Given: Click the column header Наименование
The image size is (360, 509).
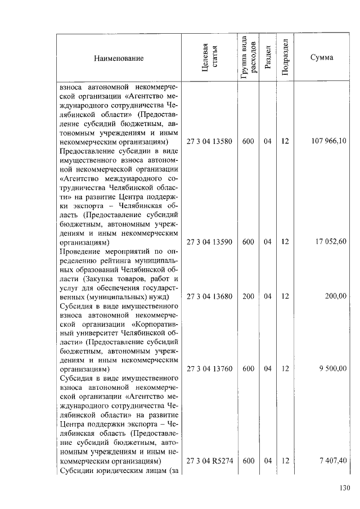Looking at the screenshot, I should coord(119,58).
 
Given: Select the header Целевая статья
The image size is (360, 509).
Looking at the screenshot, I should coord(209,58).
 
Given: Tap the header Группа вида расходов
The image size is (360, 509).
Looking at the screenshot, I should coord(248,58).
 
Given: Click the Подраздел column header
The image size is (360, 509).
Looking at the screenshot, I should coord(285,58).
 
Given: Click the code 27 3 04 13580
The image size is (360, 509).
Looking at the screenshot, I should coord(209,142).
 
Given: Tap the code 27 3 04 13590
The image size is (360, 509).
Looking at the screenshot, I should coord(209,242).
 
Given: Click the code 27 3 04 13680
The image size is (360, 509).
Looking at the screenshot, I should coord(209,296).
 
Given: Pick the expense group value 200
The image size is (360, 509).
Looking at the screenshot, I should coord(248,296).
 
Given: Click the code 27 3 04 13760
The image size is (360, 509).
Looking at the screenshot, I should coord(209,369).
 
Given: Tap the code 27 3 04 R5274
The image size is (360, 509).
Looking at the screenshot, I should coord(209,461).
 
